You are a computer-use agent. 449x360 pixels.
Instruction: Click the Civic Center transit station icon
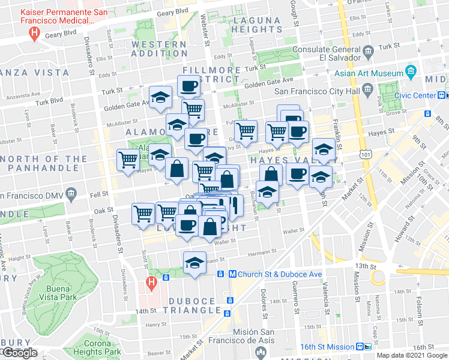click(x=441, y=95)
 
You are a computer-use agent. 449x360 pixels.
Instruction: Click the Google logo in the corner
click(x=20, y=353)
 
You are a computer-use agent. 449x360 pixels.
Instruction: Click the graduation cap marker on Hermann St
click(x=194, y=263)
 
